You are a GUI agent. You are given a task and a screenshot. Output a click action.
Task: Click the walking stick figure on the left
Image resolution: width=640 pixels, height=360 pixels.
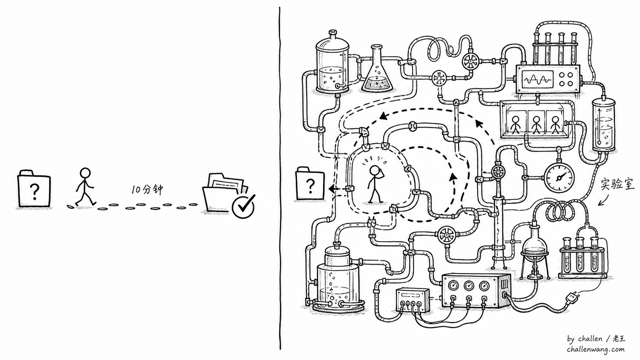click(x=85, y=187)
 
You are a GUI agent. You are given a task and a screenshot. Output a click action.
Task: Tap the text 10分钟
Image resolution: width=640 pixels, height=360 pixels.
click(x=147, y=189)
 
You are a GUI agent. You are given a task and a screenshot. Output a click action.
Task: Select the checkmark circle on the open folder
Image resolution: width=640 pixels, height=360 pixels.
click(x=243, y=207)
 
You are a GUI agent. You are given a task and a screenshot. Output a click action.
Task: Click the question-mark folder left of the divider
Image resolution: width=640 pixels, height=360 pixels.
click(x=34, y=189)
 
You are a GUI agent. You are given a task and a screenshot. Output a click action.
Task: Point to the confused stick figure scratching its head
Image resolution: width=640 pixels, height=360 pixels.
click(x=376, y=184)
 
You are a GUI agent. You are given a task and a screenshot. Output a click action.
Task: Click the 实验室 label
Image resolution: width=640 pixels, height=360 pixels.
click(x=617, y=185)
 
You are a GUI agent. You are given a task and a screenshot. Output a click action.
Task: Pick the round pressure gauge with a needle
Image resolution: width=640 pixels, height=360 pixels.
click(x=559, y=177)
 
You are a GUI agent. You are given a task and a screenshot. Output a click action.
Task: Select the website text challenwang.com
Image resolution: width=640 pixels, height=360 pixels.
click(x=596, y=349)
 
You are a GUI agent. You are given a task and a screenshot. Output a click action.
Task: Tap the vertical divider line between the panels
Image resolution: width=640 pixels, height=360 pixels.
click(x=280, y=178)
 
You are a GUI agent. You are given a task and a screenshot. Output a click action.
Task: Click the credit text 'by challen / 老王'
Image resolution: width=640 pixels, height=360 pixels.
click(x=596, y=339)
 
